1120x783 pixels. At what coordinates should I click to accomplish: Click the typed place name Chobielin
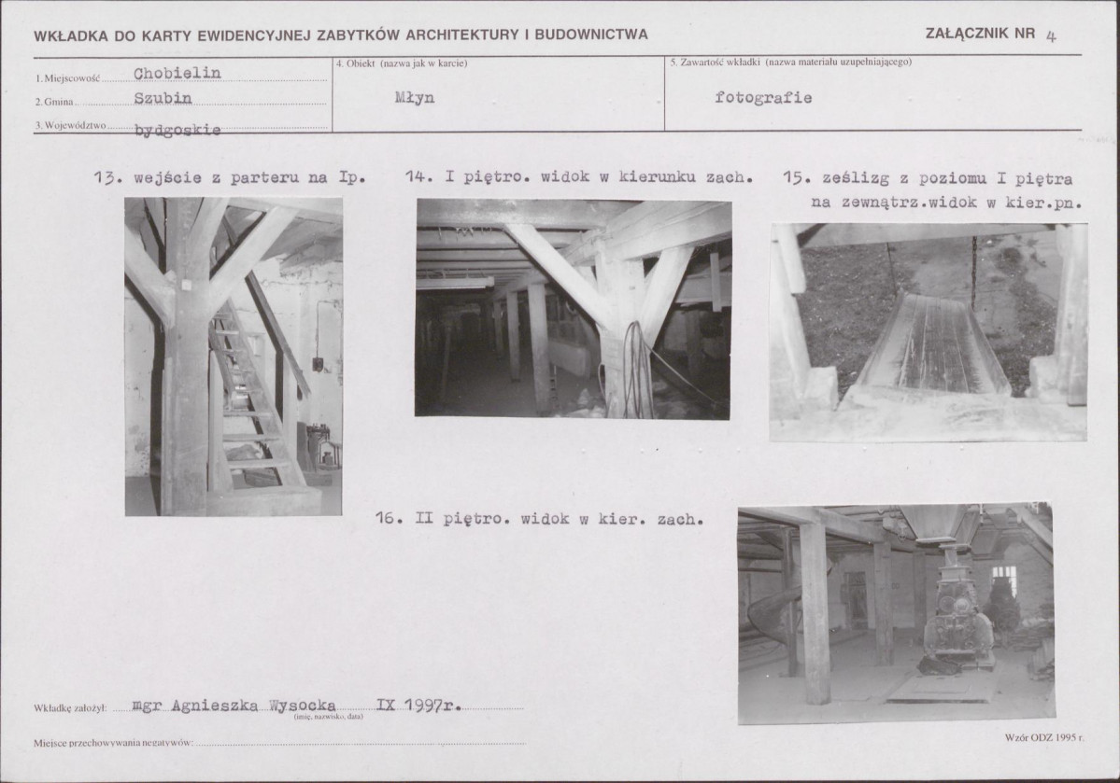point(177,73)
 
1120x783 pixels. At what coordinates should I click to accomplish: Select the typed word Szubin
point(163,98)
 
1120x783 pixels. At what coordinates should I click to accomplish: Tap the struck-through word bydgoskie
point(177,130)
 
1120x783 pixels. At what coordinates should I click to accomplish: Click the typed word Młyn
point(415,97)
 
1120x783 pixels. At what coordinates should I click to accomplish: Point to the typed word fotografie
point(763,97)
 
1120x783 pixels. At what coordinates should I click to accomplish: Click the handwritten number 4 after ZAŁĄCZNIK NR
point(1051,36)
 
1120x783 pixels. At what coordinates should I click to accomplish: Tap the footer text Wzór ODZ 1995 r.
point(1044,737)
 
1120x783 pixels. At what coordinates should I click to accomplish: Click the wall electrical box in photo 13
point(318,365)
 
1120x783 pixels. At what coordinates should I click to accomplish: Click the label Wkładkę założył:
point(70,708)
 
